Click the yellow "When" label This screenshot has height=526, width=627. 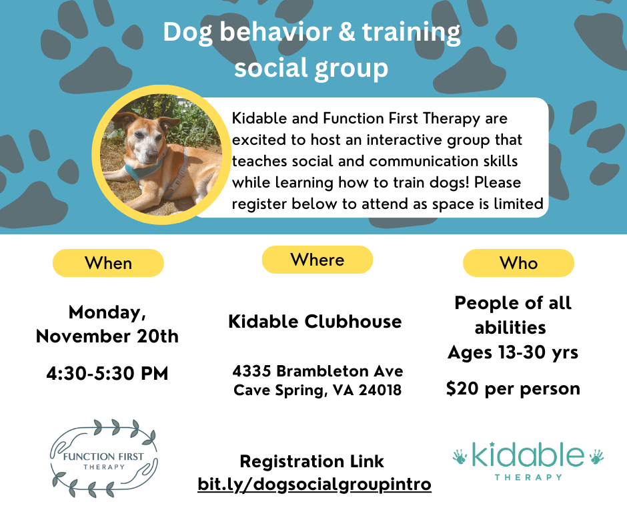(x=108, y=263)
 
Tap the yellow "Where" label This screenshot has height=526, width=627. (x=318, y=260)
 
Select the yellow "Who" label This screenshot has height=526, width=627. (x=519, y=263)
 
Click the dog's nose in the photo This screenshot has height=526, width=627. (x=151, y=156)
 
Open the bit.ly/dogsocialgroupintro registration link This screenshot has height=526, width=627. (x=314, y=484)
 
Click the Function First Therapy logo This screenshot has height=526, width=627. (x=104, y=459)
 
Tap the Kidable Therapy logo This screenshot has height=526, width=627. (x=528, y=461)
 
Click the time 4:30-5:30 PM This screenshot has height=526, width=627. (x=107, y=374)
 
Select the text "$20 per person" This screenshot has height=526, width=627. (x=513, y=388)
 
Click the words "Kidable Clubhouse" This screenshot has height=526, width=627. (x=315, y=322)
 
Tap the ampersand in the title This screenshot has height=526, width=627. (x=347, y=32)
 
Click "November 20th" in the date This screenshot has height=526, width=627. (x=107, y=336)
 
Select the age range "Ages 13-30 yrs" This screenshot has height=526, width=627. (x=513, y=352)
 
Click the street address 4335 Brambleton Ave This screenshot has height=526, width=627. (x=318, y=371)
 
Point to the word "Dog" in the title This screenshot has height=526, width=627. (x=187, y=33)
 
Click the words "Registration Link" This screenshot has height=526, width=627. (x=312, y=461)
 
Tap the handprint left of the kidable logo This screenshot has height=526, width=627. (x=460, y=457)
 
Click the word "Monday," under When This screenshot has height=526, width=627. (x=107, y=312)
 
